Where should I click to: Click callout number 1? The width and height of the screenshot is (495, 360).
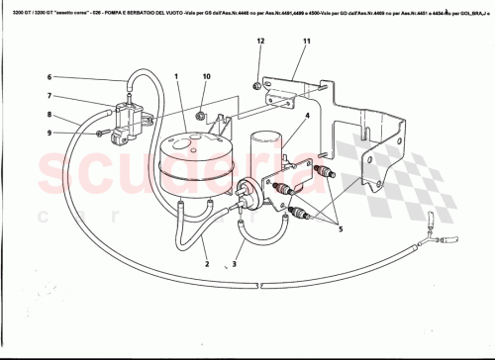click(x=175, y=76)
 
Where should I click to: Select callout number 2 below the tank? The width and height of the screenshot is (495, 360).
click(x=206, y=264)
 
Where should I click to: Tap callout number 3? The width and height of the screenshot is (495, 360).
click(x=235, y=264)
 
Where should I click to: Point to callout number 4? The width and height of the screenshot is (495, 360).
click(x=308, y=117)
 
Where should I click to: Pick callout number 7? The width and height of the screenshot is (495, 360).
click(x=49, y=96)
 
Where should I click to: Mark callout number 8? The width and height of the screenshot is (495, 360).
click(x=49, y=116)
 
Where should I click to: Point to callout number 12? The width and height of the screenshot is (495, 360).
click(x=260, y=41)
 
